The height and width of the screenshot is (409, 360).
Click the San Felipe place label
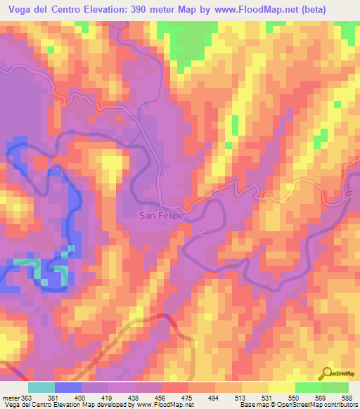pos(160,216)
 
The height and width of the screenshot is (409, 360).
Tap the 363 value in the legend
pos(25,397)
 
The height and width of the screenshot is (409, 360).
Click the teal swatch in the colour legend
pos(41,387)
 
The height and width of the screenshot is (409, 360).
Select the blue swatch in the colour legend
pos(68,387)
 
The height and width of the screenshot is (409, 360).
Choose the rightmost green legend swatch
pos(335,387)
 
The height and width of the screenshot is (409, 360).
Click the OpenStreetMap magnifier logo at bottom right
pos(327,373)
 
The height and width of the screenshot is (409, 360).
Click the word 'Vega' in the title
pos(20,9)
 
